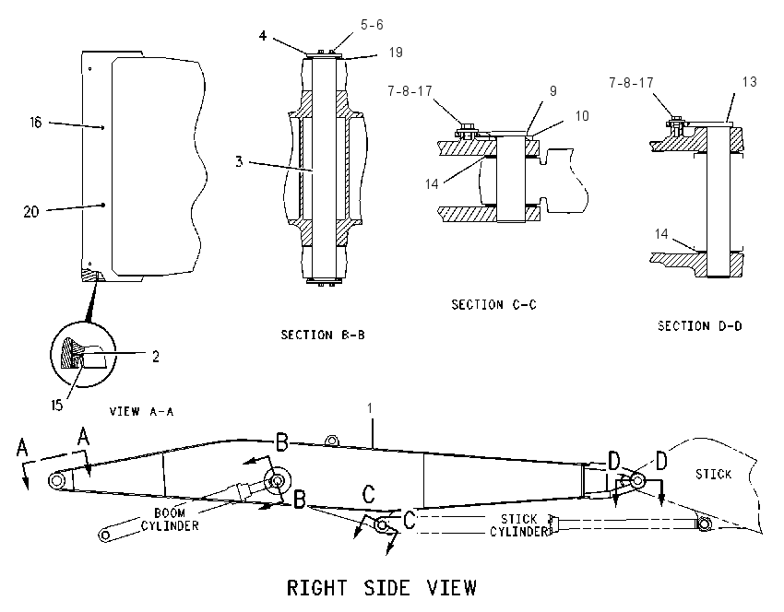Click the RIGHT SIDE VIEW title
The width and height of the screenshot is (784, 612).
(x=382, y=587)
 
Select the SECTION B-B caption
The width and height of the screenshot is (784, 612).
(x=323, y=335)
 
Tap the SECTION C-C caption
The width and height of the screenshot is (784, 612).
(x=494, y=305)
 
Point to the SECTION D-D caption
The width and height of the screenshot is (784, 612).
(x=699, y=326)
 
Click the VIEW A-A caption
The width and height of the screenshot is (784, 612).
(x=141, y=412)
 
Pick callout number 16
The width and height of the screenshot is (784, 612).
(x=35, y=123)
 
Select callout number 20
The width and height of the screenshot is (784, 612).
(x=31, y=212)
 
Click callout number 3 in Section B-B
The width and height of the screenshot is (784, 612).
(x=239, y=162)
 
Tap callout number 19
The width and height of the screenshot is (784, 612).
(x=396, y=53)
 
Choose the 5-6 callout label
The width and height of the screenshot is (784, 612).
(x=372, y=25)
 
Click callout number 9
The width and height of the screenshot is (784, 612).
(x=553, y=91)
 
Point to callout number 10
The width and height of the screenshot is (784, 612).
(x=582, y=116)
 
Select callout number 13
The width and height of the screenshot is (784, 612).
(x=750, y=82)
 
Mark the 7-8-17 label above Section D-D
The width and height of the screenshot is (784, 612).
(x=631, y=82)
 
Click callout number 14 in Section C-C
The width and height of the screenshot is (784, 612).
(x=432, y=184)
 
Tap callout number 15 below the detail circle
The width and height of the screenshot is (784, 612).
(x=57, y=406)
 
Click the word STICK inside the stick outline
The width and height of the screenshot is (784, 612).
(x=714, y=474)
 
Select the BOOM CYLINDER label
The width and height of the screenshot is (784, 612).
(x=170, y=520)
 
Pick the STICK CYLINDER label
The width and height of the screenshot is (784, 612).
(x=519, y=525)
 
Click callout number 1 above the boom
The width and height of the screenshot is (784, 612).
(x=370, y=408)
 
